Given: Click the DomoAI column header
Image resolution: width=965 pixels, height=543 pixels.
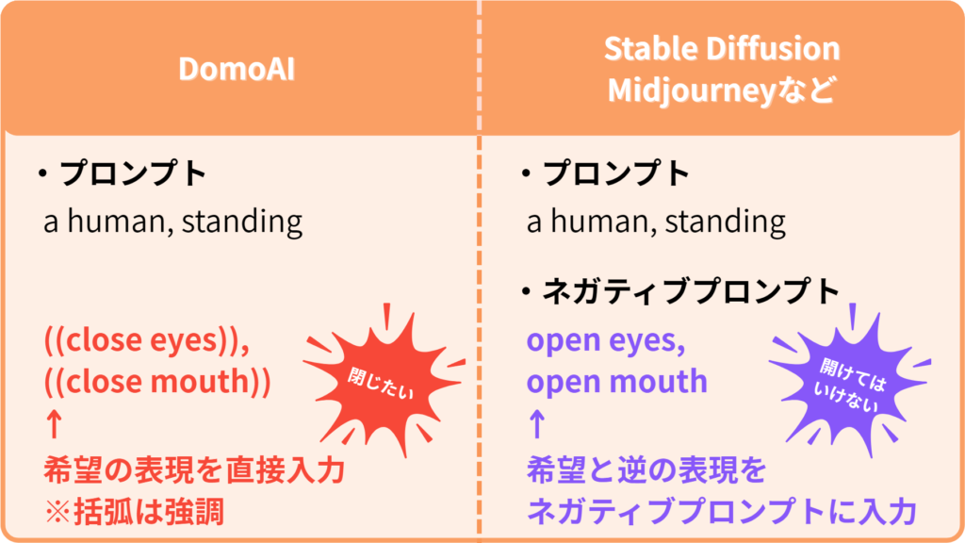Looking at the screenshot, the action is (237, 68).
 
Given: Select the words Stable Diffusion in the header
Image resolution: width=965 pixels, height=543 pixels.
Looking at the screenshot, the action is (722, 48).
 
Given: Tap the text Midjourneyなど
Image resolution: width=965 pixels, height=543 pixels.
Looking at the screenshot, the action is (722, 90).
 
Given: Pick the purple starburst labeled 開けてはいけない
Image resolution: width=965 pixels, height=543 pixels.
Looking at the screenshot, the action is (850, 383).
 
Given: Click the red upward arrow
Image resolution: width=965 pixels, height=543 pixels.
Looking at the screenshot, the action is (54, 424).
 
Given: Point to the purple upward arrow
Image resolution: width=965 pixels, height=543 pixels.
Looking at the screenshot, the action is (537, 424).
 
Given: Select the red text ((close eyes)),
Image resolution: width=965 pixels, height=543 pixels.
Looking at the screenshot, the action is (146, 339).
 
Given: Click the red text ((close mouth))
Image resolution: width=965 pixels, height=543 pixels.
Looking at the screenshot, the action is (157, 382).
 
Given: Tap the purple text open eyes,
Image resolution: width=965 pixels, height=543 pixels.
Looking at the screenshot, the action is (606, 340).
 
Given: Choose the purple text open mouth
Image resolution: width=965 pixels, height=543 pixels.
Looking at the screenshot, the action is (617, 382).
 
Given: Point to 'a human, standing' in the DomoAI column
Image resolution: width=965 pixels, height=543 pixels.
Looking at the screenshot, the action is (173, 222).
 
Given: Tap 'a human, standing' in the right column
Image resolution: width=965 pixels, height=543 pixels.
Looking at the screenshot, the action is (656, 222).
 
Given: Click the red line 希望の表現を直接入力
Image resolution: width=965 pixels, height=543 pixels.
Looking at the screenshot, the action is (194, 471).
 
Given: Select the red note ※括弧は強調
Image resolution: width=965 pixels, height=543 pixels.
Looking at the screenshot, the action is (134, 512).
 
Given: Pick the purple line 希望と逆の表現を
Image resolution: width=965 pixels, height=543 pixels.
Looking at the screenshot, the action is (646, 471).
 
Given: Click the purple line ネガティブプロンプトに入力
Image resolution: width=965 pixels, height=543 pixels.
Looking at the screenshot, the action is (722, 512).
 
